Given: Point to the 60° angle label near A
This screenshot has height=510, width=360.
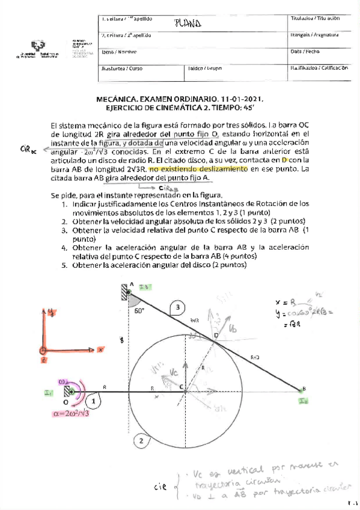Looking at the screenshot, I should pyautogui.click(x=140, y=312).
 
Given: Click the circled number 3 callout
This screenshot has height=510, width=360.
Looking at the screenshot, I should pyautogui.click(x=177, y=309).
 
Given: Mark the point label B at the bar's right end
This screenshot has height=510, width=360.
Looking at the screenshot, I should pyautogui.click(x=304, y=388).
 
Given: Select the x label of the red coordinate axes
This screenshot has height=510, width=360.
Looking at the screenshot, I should pyautogui.click(x=101, y=348).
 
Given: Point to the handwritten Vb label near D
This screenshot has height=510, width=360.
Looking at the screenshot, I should pyautogui.click(x=234, y=328).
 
